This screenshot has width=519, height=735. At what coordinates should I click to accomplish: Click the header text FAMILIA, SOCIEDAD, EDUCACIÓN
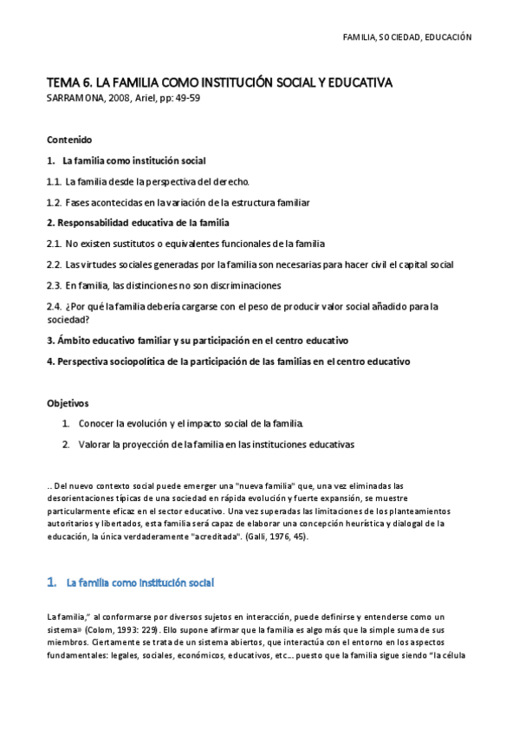(407, 37)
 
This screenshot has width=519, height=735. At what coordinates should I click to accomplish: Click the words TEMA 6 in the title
(68, 83)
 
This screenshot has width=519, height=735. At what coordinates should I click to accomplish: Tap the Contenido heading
(69, 140)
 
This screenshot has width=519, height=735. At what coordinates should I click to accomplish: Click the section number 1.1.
(54, 181)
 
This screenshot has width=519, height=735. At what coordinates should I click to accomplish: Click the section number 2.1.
(54, 244)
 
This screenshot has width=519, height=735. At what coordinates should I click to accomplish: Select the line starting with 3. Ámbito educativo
(198, 341)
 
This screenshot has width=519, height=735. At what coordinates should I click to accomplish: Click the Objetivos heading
(68, 403)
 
